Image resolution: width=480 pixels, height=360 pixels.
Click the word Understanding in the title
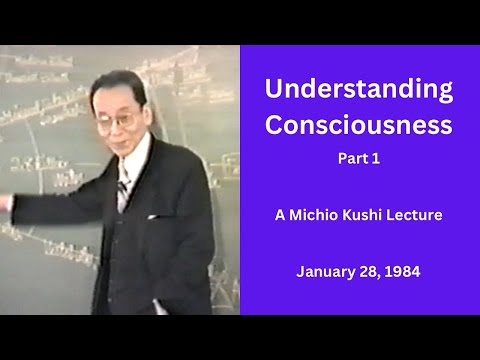click(358, 88)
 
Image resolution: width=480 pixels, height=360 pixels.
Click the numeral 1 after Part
click(374, 158)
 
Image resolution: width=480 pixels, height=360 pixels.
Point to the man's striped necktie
click(121, 189)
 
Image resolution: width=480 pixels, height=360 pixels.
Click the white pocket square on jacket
click(155, 215)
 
